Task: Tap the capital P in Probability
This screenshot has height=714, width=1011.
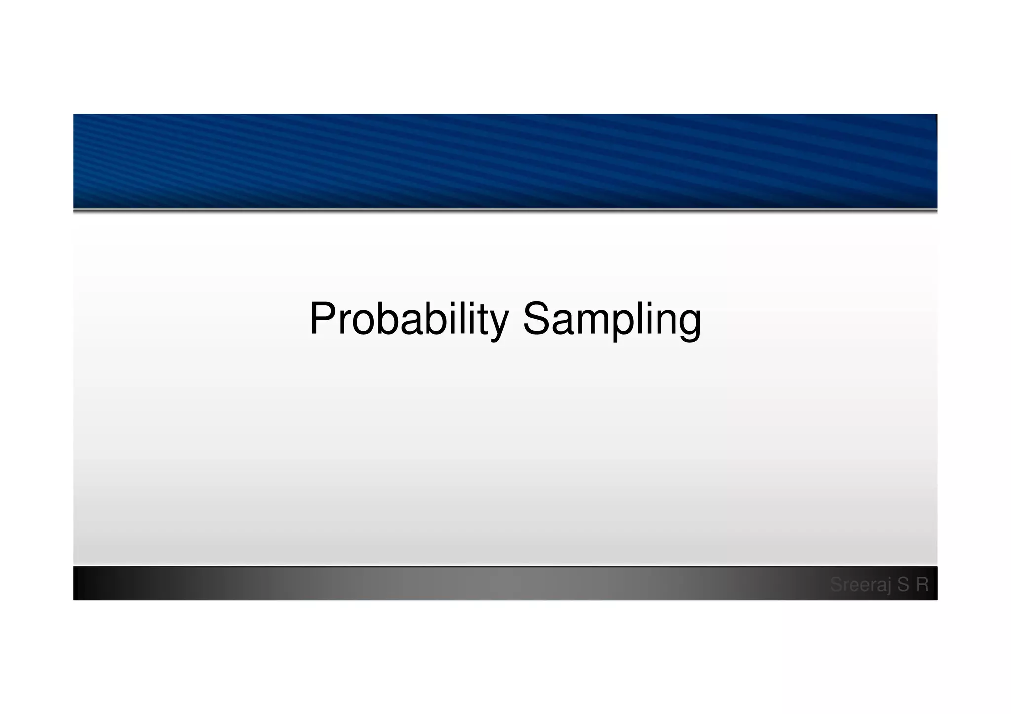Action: [324, 318]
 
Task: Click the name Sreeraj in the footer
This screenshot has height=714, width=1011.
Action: [860, 585]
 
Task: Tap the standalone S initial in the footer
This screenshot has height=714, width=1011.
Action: [903, 584]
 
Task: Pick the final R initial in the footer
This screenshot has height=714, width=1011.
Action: [922, 584]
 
